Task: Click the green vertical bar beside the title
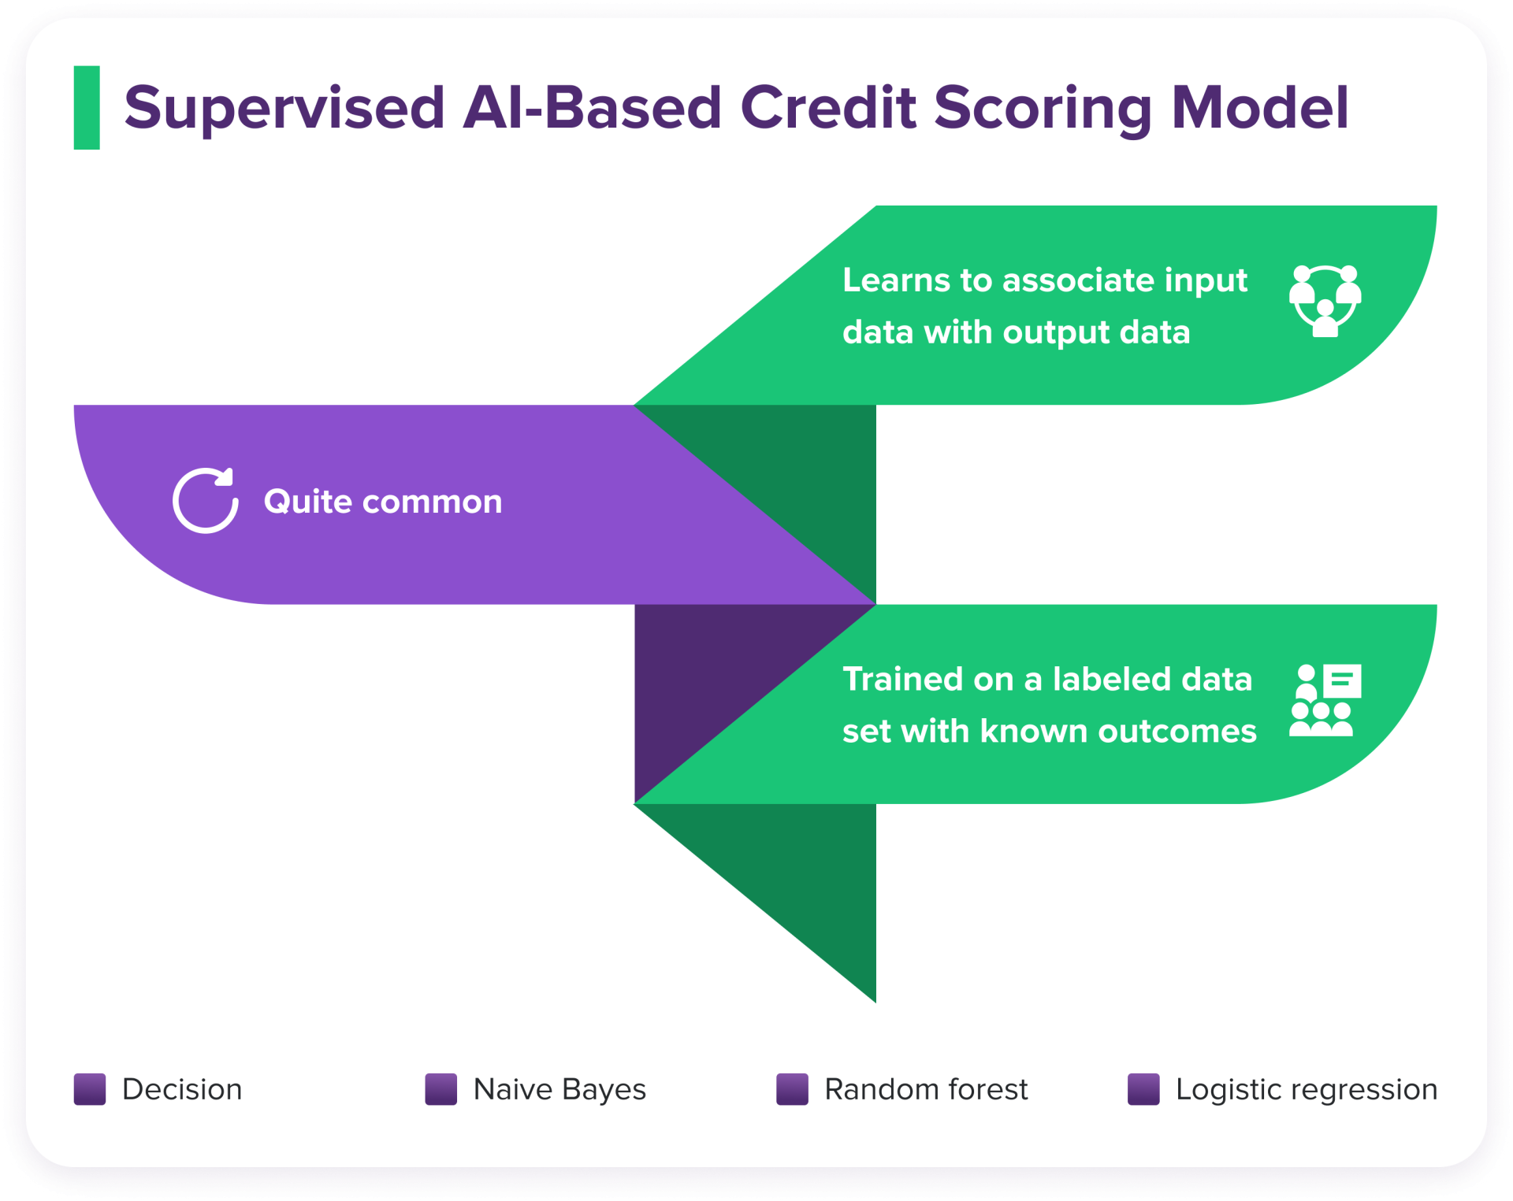pos(87,108)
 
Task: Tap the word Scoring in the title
pos(1043,108)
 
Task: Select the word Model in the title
pos(1260,108)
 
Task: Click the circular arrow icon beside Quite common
pos(205,501)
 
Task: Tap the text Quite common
pos(383,502)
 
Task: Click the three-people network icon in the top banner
pos(1325,302)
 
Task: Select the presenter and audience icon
pos(1325,700)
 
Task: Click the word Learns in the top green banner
pos(896,280)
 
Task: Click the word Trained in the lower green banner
pos(902,679)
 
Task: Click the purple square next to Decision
pos(90,1089)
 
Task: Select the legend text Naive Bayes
pos(559,1089)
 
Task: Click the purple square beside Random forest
pos(792,1089)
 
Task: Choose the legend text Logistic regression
pos(1306,1089)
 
